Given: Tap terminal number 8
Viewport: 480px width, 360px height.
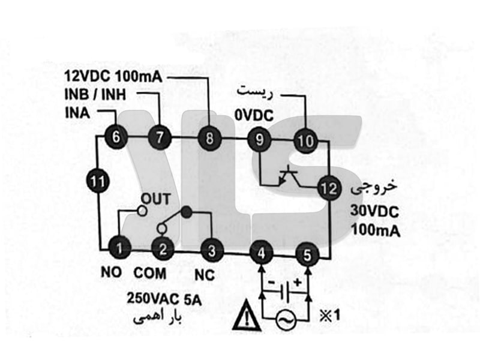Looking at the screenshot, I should [x=209, y=139].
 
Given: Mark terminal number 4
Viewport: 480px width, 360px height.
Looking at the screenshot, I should [x=261, y=253].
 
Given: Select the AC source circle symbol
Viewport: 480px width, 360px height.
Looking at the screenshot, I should [x=284, y=320].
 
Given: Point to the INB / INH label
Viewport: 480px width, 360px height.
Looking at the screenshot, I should [x=98, y=95].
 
